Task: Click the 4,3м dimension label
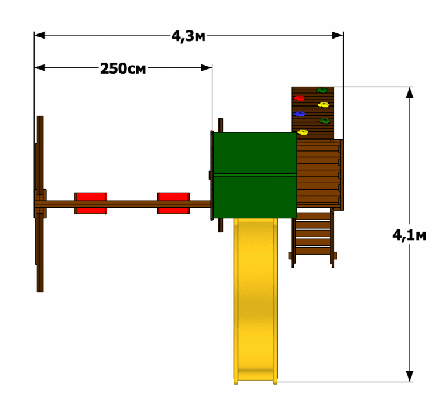point(188,36)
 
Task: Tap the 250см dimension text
point(123,68)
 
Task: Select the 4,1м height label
point(409,235)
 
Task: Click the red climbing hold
point(299,98)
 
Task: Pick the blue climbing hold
point(300,114)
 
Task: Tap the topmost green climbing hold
point(322,90)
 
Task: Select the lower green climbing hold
point(324,121)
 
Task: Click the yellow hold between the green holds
point(324,105)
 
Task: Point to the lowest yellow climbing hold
point(303,132)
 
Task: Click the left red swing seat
point(90,203)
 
